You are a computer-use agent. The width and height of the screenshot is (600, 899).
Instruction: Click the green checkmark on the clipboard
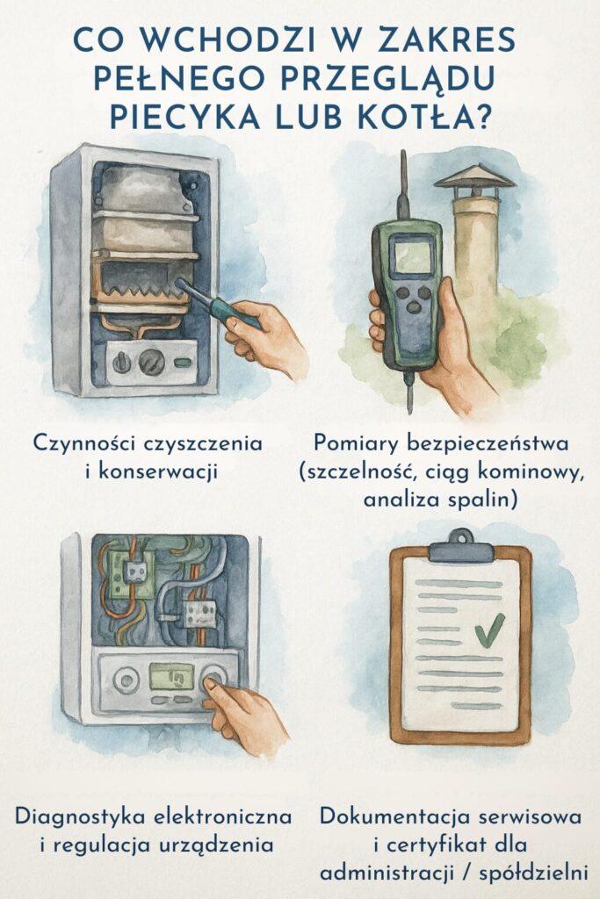(488, 628)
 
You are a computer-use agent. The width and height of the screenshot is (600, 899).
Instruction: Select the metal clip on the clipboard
(461, 546)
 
